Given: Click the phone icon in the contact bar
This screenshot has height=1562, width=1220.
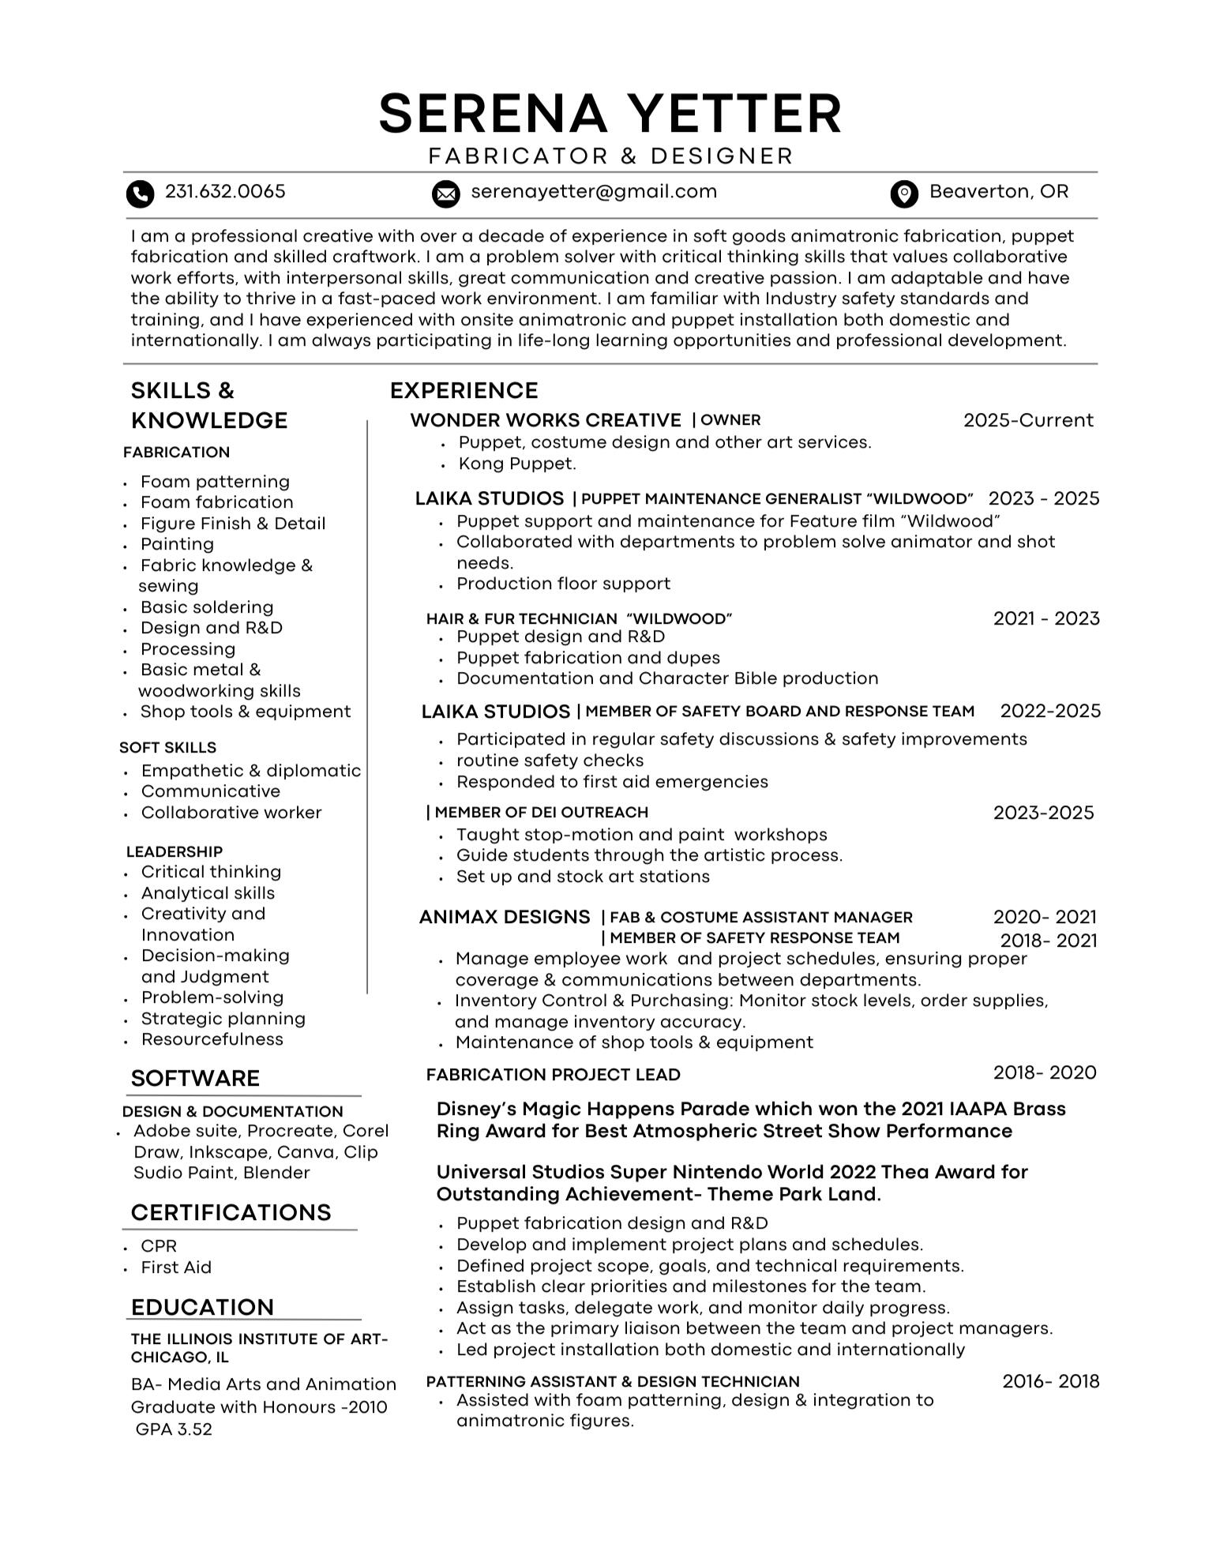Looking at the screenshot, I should (x=140, y=193).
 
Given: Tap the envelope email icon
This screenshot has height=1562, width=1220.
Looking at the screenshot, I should (x=445, y=193).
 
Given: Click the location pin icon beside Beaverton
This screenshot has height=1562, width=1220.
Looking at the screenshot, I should (x=903, y=193).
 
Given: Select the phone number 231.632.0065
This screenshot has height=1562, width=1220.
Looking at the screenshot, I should (x=225, y=192).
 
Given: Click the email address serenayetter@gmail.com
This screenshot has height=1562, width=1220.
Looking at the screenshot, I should (x=594, y=192).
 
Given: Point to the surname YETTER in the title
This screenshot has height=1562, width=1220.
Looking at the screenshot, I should (x=738, y=114).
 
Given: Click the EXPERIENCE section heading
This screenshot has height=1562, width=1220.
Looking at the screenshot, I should (x=464, y=391).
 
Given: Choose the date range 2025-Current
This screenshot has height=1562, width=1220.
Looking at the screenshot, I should (x=1027, y=420).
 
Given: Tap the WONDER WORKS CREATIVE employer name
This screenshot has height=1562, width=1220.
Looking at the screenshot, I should (x=546, y=420).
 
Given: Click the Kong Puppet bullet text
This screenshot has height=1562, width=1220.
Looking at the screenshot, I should (x=517, y=464).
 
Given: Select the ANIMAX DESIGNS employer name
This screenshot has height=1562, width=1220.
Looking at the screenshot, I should (x=504, y=917).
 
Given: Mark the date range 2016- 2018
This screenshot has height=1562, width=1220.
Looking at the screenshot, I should (x=1050, y=1381).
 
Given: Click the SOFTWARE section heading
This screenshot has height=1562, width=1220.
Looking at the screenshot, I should (x=195, y=1079).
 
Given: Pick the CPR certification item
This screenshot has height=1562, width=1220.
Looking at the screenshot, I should (x=159, y=1246).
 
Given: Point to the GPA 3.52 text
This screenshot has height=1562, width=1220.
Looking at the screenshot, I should (x=174, y=1429).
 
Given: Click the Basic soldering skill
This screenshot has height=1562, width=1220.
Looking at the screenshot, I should (x=207, y=607).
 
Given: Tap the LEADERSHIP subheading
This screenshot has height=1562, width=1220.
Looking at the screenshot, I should (x=174, y=851).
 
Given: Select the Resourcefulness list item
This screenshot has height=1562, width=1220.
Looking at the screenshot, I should (x=212, y=1039).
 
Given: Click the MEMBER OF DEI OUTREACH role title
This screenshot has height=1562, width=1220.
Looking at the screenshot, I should (x=541, y=813).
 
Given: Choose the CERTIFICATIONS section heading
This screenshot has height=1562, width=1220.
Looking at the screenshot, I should (x=231, y=1213).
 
